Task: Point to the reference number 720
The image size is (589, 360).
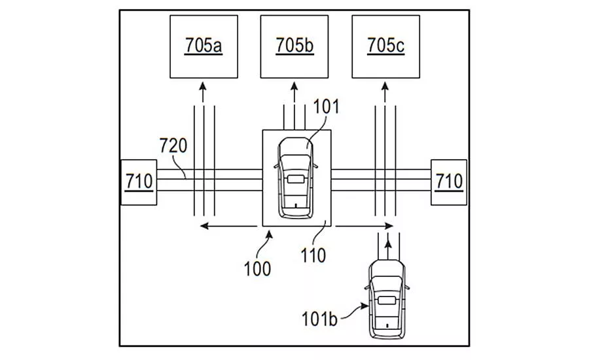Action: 173,145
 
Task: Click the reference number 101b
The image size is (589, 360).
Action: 319,319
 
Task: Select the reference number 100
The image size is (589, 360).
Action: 257,269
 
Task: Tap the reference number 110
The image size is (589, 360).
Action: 313,255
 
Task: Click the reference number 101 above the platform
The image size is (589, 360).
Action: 326,106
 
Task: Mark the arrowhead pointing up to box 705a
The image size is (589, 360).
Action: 203,86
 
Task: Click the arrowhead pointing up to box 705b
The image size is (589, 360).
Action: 294,86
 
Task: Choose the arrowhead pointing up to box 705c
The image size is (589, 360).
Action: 385,86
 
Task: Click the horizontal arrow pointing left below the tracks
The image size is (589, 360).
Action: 228,226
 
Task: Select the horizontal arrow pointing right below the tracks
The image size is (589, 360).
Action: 365,226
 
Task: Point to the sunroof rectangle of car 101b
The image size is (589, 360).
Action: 387,300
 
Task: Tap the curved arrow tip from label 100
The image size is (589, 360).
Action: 269,234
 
